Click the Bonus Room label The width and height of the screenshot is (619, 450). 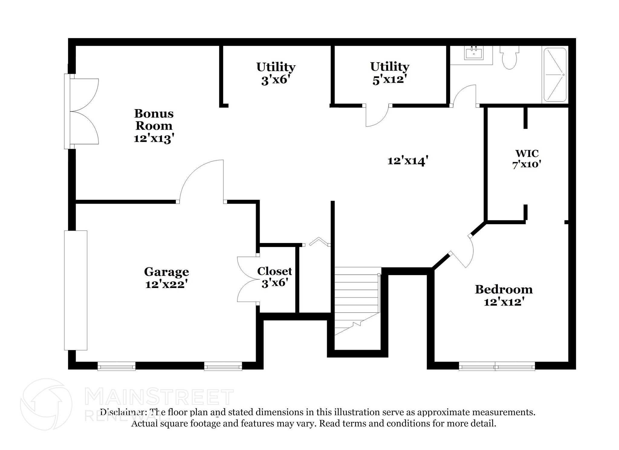point(154,120)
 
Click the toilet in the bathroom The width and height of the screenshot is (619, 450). point(509,58)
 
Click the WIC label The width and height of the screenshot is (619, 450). point(527,154)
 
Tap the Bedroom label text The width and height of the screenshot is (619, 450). point(504,290)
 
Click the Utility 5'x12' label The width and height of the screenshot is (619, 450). point(390,73)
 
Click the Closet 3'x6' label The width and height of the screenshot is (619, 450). point(274,277)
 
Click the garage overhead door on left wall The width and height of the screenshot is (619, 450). point(76,290)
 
